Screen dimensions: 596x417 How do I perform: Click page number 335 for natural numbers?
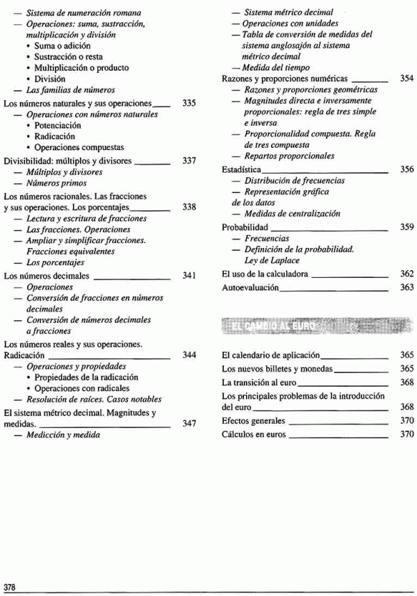[x=188, y=103]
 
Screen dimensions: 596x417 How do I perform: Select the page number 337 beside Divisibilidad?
[x=188, y=160]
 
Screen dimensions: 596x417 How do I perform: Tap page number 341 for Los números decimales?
[x=188, y=276]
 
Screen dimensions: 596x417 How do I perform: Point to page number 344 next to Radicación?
[x=188, y=355]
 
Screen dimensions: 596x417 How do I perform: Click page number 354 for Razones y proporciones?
[x=407, y=79]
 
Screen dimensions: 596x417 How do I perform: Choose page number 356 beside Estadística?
[x=407, y=169]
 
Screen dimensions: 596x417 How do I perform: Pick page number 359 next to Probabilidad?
[x=407, y=227]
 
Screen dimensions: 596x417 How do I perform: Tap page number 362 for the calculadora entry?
[x=407, y=274]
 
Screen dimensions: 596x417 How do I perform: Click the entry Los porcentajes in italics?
[x=56, y=263]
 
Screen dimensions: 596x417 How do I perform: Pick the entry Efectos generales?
[x=253, y=421]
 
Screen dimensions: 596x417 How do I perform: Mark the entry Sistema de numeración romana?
[x=83, y=13]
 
